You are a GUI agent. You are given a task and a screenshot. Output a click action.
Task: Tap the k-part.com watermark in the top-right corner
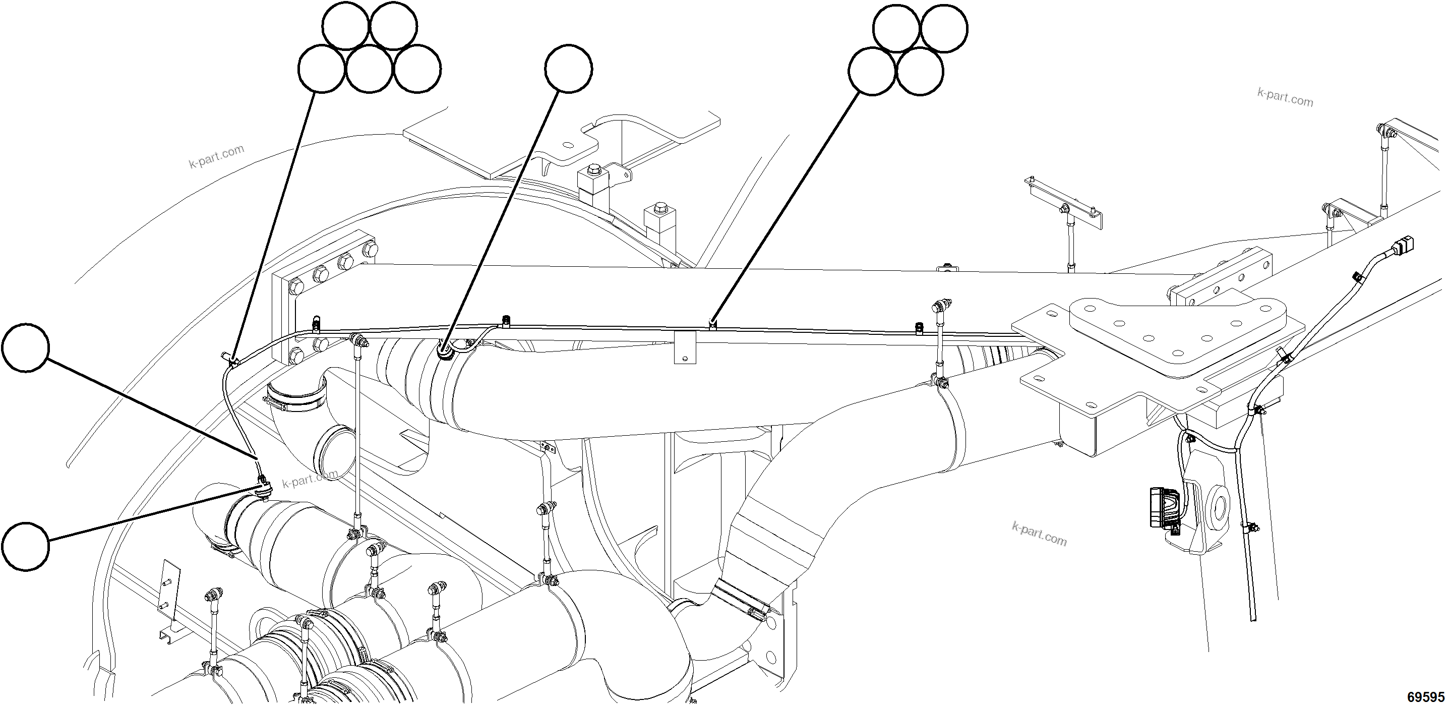pos(1285,97)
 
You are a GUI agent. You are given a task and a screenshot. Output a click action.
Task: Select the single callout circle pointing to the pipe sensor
pos(568,69)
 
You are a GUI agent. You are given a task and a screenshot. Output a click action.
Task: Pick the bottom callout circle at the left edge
pos(25,546)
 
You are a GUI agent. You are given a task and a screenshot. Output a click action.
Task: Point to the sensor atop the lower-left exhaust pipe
pos(263,485)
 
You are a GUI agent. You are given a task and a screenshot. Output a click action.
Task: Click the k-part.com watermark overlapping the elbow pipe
pos(311,478)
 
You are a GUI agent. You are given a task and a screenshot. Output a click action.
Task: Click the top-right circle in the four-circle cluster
pos(944,28)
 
